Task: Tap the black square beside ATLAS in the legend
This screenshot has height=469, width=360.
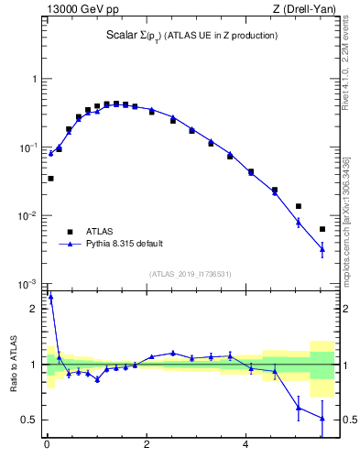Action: click(69, 232)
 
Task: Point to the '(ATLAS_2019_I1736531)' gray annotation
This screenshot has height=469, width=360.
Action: click(191, 274)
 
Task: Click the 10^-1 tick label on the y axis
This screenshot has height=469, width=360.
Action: click(30, 147)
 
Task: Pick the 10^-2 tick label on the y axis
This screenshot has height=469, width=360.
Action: click(30, 216)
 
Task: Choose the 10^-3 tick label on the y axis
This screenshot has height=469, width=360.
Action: click(30, 285)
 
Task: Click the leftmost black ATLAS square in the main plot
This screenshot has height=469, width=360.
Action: click(50, 179)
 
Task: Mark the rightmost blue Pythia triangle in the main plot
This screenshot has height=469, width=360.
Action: click(322, 248)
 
